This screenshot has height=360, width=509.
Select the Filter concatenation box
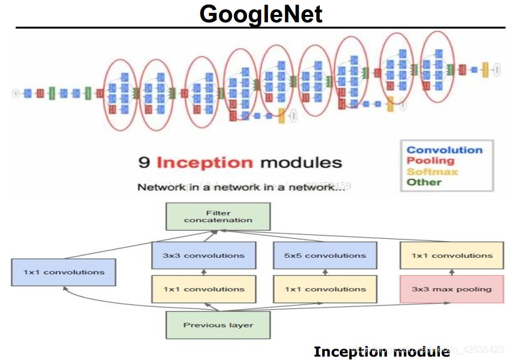(218, 216)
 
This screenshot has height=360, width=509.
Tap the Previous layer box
(218, 325)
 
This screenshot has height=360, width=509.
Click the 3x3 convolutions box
(203, 255)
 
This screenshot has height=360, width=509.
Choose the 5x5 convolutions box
(325, 255)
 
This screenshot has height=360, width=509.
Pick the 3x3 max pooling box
(451, 289)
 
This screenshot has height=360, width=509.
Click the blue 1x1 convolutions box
(64, 273)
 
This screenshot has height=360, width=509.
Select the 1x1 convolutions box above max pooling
(451, 255)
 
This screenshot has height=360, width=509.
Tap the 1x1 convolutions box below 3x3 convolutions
(203, 289)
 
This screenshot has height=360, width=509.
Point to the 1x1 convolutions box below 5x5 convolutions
(325, 289)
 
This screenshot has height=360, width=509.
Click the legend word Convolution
(444, 150)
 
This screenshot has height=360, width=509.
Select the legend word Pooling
(430, 161)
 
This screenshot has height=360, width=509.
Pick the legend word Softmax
(432, 171)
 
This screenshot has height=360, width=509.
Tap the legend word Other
(424, 182)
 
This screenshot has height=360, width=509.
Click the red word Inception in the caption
(205, 162)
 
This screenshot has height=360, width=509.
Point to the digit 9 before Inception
(144, 162)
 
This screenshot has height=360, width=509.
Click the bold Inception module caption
(382, 351)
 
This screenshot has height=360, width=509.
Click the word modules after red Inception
(300, 162)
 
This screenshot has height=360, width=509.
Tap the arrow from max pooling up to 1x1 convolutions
(451, 273)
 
